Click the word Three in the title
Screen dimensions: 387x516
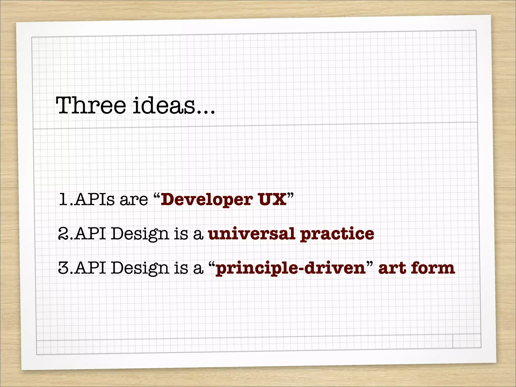tap(91, 105)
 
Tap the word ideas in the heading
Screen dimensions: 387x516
tap(164, 105)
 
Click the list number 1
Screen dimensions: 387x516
tap(63, 200)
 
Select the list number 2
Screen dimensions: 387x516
tap(62, 234)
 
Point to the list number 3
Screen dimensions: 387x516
tap(63, 268)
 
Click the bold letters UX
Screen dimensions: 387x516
tap(272, 200)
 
